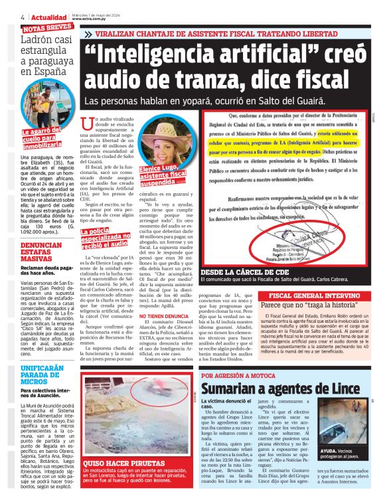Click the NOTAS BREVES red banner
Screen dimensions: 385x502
[47, 28]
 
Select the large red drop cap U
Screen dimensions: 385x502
[86, 124]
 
